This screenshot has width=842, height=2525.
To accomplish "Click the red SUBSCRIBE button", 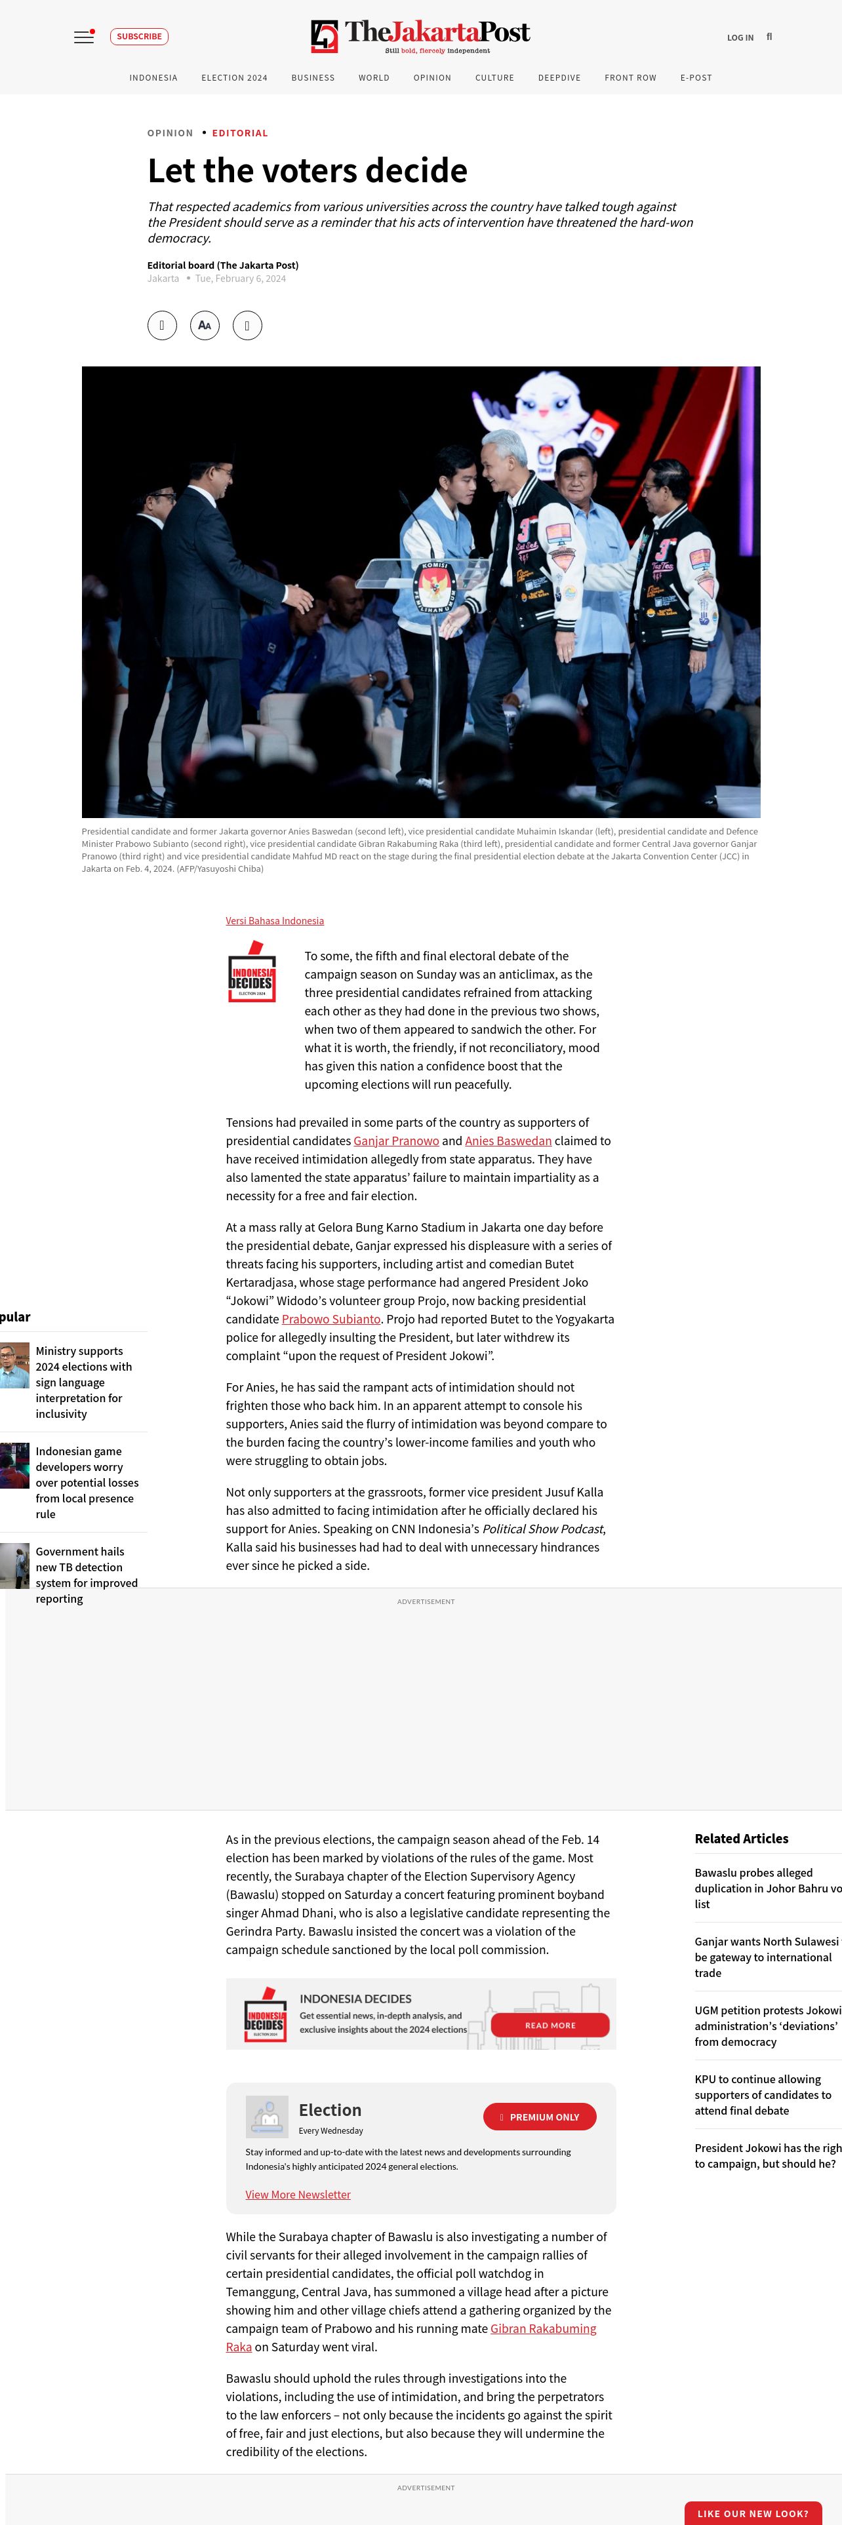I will coord(139,36).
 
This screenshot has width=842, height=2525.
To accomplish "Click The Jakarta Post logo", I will coord(420,36).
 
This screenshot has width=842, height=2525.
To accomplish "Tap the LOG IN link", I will coord(740,38).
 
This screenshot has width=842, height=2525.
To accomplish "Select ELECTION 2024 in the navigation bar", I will coord(234,77).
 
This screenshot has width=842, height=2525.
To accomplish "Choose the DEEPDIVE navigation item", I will coord(559,77).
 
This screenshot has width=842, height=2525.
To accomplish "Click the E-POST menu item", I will coord(696,77).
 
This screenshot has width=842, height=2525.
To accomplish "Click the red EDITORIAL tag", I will coord(239,133).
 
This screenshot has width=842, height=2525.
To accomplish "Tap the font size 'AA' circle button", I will coord(205,325).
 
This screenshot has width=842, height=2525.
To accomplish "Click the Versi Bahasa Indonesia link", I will coord(275,920).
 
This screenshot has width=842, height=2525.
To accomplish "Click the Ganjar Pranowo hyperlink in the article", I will coord(396,1141).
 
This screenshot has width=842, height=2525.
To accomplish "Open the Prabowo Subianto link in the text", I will coord(331,1320).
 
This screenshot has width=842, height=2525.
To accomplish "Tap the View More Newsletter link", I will coord(298,2195).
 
